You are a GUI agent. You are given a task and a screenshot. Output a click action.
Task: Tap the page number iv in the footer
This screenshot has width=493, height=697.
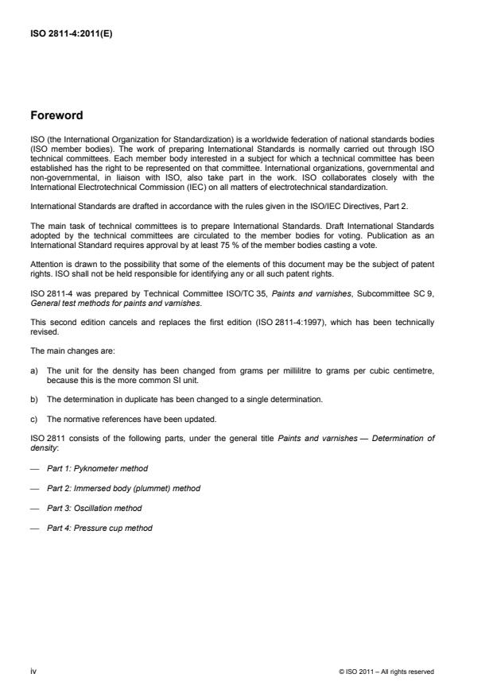[33, 672]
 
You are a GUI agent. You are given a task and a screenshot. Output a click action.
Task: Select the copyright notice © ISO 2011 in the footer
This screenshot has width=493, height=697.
[386, 672]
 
